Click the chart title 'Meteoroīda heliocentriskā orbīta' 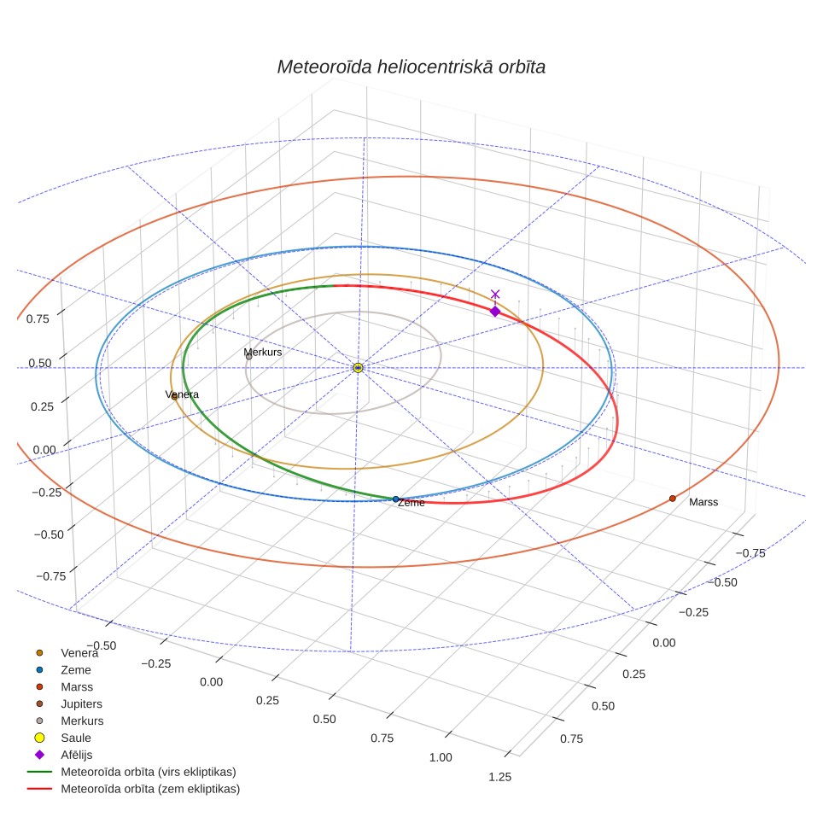tap(411, 67)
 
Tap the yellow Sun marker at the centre tap(358, 367)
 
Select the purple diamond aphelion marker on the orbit tap(495, 312)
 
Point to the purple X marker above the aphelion tap(495, 294)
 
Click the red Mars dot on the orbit tap(673, 498)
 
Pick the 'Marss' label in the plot tap(703, 502)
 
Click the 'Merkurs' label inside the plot tap(262, 353)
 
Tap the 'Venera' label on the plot tap(182, 394)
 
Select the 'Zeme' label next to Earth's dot tap(411, 503)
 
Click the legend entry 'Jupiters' tap(81, 703)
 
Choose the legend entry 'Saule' tap(76, 738)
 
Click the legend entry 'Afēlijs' tap(77, 755)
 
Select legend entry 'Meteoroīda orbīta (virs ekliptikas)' tap(149, 772)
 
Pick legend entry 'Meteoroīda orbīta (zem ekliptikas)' tap(150, 789)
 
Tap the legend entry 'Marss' tap(77, 687)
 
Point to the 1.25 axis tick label tap(499, 777)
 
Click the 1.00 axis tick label tap(441, 757)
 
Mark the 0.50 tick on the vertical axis tap(40, 363)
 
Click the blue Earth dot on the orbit tap(396, 499)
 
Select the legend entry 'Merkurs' tap(82, 721)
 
